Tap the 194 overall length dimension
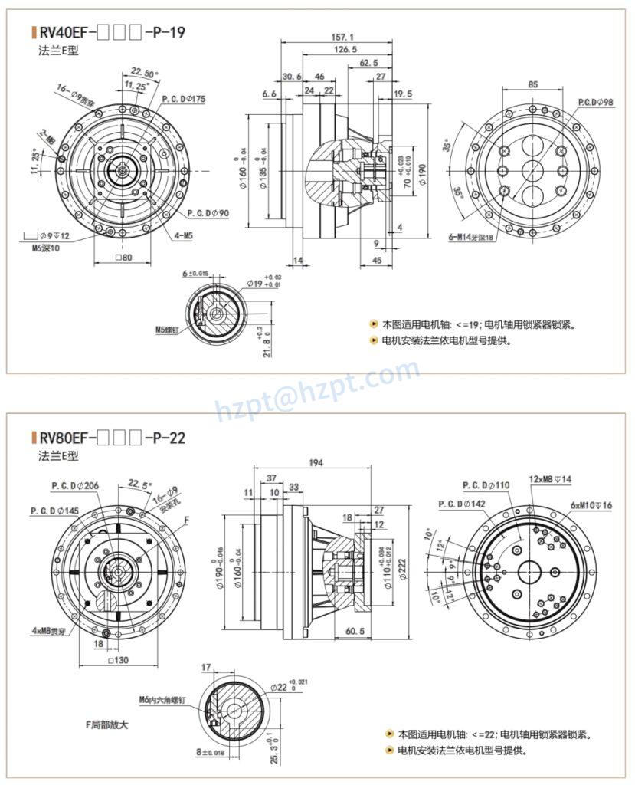(315, 462)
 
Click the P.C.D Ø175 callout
(183, 99)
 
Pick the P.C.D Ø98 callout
(595, 102)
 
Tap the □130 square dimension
(117, 661)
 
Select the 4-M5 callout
(183, 235)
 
